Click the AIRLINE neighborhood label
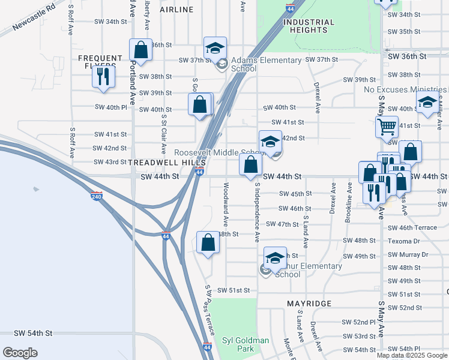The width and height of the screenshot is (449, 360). [177, 10]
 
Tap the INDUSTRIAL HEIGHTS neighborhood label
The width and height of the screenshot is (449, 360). [309, 25]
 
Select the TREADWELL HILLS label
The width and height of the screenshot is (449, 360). [167, 163]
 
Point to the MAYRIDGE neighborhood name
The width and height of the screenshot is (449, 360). [309, 304]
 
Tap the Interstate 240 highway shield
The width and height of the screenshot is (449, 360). [97, 195]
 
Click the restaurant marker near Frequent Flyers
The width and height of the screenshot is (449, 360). [103, 76]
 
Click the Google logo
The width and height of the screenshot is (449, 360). [20, 353]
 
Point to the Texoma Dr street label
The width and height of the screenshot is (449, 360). [403, 241]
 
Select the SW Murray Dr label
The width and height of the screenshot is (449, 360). [407, 254]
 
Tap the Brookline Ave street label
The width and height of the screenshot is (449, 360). [349, 202]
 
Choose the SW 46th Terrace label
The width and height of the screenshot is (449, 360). [412, 228]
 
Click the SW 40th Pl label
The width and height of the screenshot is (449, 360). [111, 107]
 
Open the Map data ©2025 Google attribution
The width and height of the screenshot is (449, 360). [412, 355]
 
